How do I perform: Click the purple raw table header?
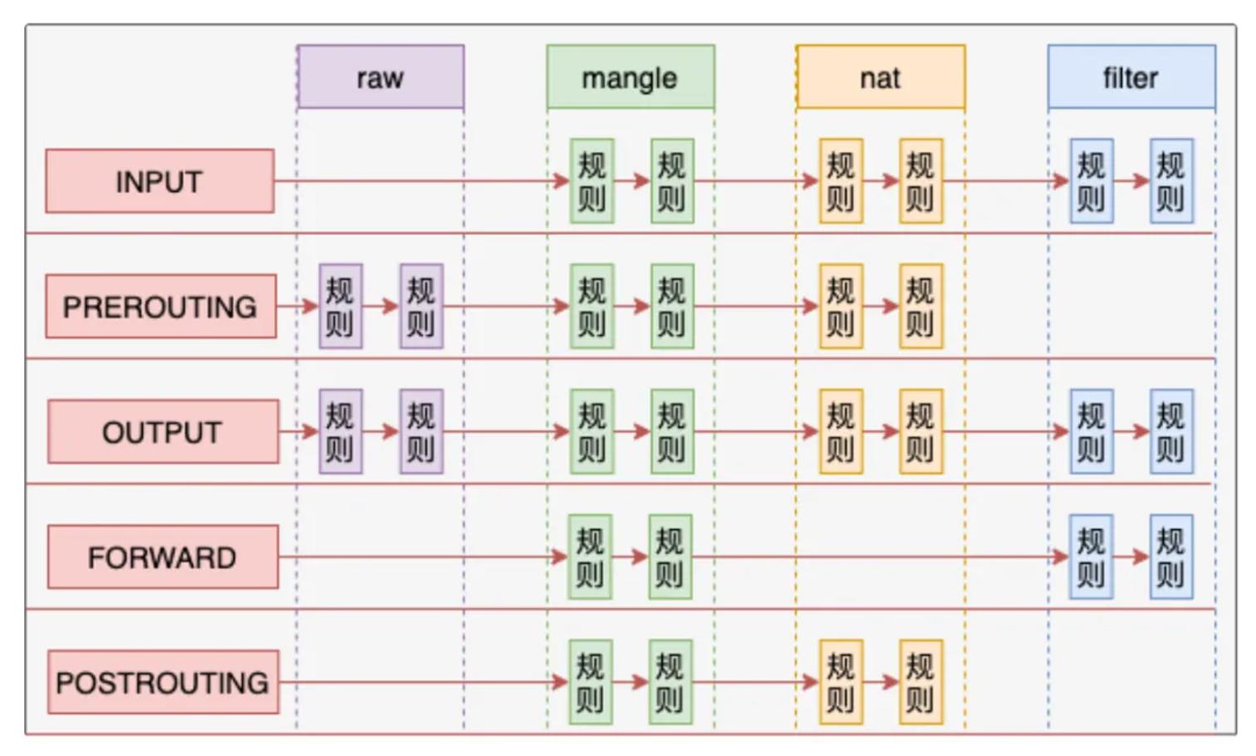click(x=380, y=76)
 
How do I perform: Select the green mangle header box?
click(x=630, y=76)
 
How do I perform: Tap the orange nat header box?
click(x=881, y=76)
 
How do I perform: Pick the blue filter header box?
click(x=1132, y=76)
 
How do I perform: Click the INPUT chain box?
click(x=159, y=181)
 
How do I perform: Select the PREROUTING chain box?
click(x=161, y=307)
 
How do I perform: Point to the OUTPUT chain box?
click(x=163, y=431)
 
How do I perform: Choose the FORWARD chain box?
click(x=163, y=557)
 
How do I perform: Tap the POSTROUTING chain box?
click(x=163, y=682)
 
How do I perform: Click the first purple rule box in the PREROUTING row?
click(x=341, y=307)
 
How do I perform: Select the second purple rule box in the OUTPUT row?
click(x=422, y=431)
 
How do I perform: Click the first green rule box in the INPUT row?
click(x=592, y=181)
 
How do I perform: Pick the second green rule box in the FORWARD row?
click(x=670, y=557)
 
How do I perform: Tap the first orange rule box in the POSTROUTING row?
click(x=841, y=682)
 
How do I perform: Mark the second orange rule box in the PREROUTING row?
click(x=921, y=307)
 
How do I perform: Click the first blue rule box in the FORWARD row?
click(x=1092, y=557)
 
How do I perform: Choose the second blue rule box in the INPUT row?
click(x=1172, y=181)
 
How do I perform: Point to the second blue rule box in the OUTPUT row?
click(x=1172, y=431)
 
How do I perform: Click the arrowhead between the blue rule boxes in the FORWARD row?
click(x=1141, y=557)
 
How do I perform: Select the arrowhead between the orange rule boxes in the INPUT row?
click(x=891, y=181)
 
